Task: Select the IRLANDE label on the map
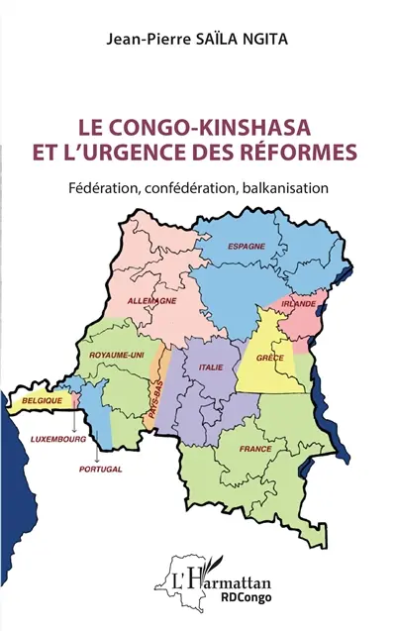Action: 298,302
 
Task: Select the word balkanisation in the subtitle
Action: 282,186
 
